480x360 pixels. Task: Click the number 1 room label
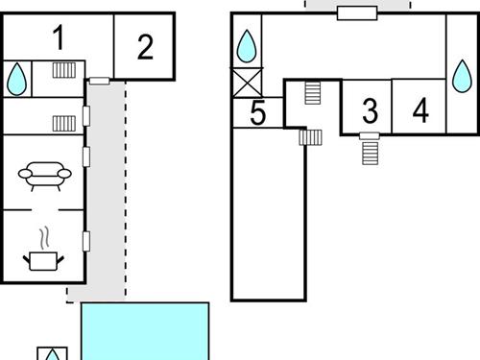(x=60, y=39)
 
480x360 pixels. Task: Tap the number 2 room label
(x=145, y=46)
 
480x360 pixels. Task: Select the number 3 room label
(x=371, y=110)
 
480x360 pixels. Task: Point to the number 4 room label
(x=420, y=109)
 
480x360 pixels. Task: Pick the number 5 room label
(x=257, y=113)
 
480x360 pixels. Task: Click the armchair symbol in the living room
(x=44, y=174)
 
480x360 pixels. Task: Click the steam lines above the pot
(x=43, y=235)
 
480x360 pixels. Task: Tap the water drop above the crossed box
(x=248, y=44)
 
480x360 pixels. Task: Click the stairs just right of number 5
(x=311, y=137)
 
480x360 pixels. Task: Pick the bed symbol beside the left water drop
(x=65, y=70)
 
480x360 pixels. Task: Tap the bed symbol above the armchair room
(x=64, y=122)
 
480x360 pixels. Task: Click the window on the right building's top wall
(x=357, y=12)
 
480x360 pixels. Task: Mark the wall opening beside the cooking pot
(x=86, y=240)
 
